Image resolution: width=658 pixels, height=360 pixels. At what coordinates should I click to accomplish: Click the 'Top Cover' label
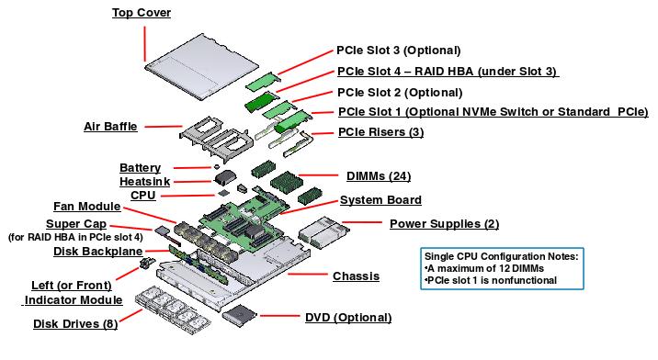coord(142,13)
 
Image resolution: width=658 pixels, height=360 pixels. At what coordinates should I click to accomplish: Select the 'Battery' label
coord(140,168)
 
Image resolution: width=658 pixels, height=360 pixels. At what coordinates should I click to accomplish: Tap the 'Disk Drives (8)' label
coord(76,323)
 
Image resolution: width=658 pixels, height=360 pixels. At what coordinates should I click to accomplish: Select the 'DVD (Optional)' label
coord(347,318)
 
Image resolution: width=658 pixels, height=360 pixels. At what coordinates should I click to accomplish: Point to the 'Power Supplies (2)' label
coord(444,223)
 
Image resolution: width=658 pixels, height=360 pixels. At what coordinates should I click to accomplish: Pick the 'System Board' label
coord(380,200)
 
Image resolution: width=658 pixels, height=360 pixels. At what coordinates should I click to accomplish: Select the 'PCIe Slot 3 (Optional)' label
coord(398,50)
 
